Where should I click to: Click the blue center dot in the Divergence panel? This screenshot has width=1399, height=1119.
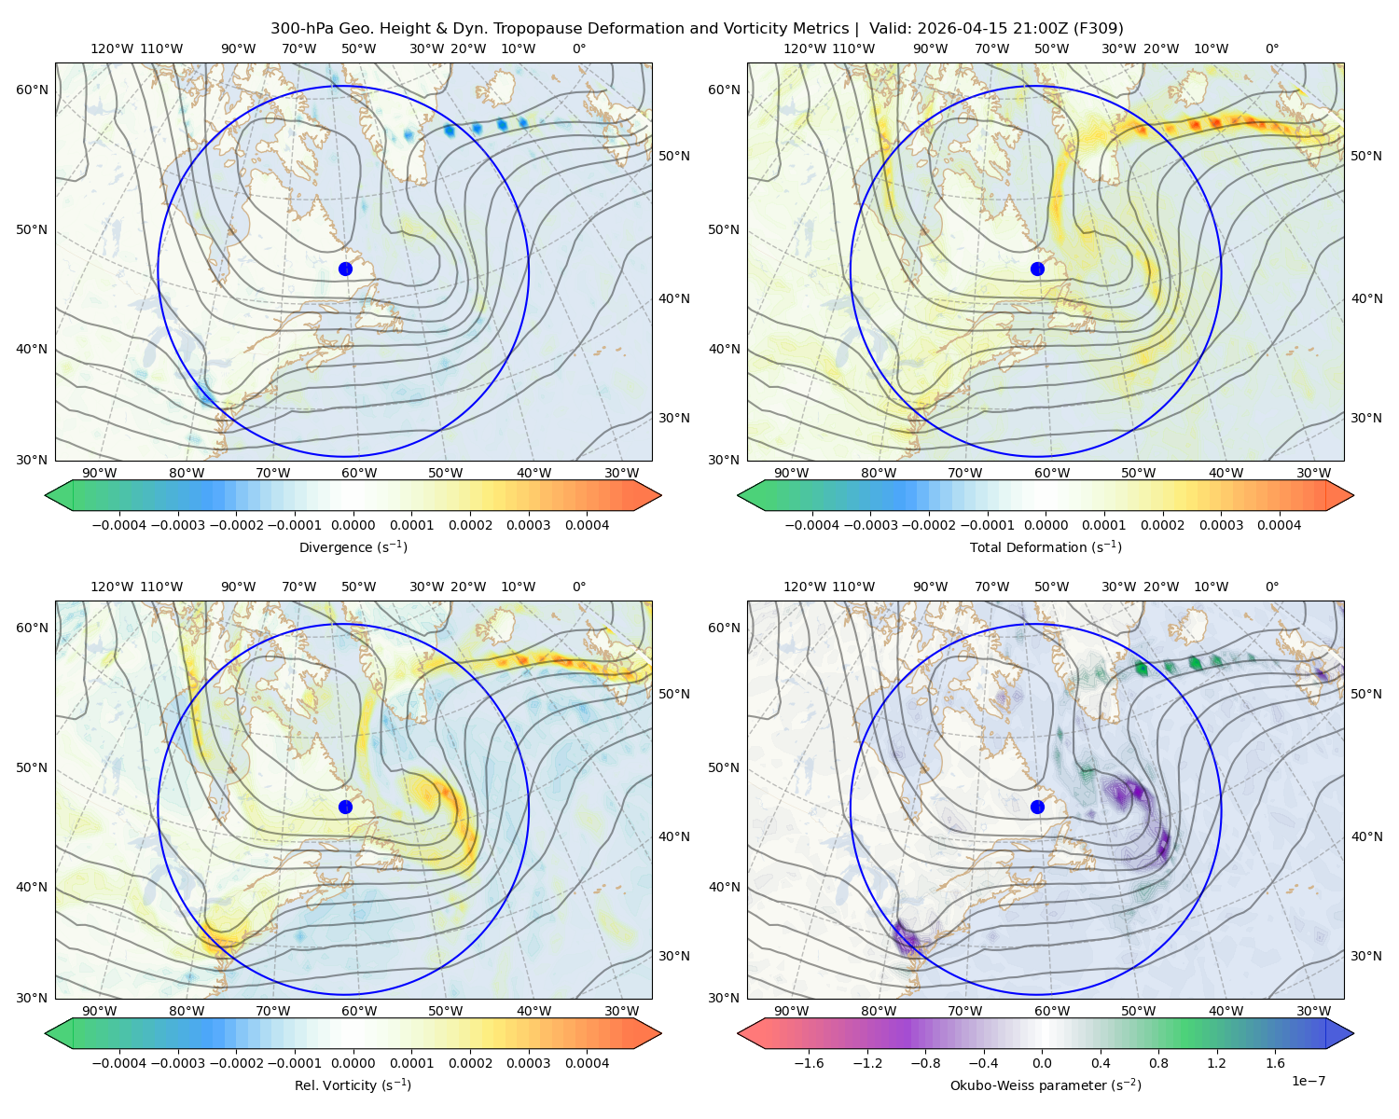coord(345,269)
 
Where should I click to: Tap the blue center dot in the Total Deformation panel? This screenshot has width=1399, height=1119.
coord(1037,269)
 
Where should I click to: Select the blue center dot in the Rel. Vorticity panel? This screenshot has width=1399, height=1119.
coord(345,807)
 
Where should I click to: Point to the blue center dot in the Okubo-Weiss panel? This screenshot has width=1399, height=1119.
coord(1037,807)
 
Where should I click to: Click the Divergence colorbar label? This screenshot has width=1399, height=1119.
coord(353,546)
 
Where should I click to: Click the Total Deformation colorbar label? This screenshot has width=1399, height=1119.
coord(1046,546)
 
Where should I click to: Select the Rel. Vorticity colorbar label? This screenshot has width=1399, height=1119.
coord(353,1084)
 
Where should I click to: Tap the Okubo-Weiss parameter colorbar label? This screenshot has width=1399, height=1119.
coord(1046,1084)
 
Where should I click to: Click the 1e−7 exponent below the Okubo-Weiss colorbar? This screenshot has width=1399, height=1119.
coord(1308,1081)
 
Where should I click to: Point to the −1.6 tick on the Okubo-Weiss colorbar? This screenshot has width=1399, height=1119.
coord(809,1062)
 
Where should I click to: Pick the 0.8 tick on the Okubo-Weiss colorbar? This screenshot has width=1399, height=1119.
coord(1158,1062)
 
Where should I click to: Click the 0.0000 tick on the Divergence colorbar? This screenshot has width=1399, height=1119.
coord(353,525)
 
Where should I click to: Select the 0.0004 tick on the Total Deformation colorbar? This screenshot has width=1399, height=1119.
coord(1279,525)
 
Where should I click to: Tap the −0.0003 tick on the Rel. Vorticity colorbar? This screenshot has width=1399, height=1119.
coord(177,1062)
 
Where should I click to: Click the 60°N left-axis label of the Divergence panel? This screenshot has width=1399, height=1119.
coord(32,90)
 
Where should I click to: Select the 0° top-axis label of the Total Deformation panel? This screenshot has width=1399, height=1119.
coord(1271,48)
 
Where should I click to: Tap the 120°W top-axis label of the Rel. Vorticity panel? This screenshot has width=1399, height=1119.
coord(112,587)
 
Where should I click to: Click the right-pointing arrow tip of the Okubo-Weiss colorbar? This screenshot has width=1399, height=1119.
coord(1353,1032)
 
